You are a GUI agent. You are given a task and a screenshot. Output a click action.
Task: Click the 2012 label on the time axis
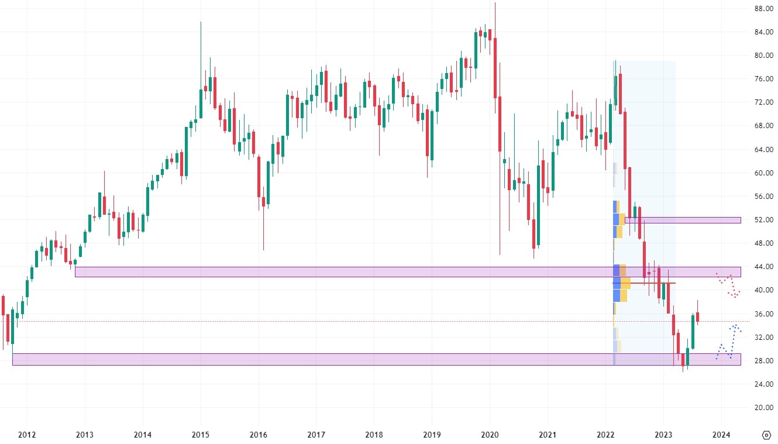click(27, 435)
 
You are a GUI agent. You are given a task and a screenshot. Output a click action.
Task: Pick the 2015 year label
click(200, 435)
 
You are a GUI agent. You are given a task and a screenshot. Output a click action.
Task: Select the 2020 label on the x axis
click(489, 435)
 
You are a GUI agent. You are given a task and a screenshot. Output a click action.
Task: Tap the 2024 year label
click(721, 435)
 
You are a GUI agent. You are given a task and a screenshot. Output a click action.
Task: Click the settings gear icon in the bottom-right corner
click(767, 435)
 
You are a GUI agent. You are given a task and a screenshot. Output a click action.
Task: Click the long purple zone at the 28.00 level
click(351, 359)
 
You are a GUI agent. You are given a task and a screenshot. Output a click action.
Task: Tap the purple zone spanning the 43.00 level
click(351, 272)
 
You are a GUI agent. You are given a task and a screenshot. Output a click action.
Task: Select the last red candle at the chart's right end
click(697, 316)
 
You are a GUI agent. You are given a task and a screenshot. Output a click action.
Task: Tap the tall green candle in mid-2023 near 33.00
click(693, 331)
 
